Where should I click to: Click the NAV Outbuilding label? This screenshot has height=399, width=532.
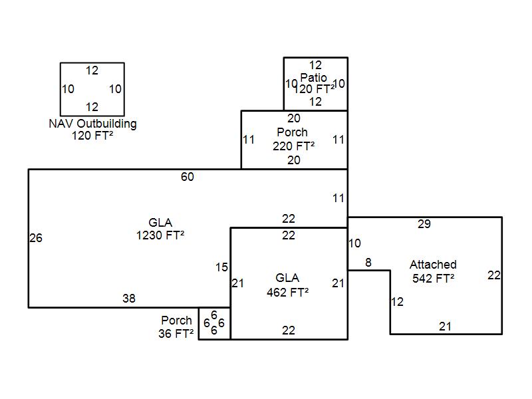coord(92,124)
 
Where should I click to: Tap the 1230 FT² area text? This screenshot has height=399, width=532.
coord(160,235)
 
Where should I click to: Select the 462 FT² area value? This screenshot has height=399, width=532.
coord(287,291)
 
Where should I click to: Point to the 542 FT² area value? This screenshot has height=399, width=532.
coord(433,278)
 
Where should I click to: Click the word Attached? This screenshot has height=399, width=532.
coord(433,265)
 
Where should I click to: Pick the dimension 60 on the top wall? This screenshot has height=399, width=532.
coord(188,176)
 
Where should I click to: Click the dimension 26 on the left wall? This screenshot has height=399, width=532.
coord(36,238)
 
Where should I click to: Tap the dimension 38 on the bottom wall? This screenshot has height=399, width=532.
coord(129,299)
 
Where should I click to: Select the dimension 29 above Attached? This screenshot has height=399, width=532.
coord(424,224)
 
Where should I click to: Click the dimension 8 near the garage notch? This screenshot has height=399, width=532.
coord(368,263)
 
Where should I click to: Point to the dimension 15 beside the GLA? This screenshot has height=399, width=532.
coord(221,267)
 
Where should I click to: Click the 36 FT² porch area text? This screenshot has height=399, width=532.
coord(176,334)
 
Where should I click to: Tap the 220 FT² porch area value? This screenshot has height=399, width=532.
coord(293,146)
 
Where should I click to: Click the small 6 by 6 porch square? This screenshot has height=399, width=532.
coord(215,323)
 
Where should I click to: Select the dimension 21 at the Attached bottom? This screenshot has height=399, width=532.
coord(445,326)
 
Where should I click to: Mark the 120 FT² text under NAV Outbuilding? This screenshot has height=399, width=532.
coord(92,136)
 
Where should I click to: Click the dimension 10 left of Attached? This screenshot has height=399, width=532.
coord(354,243)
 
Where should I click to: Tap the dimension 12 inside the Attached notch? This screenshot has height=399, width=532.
coord(397,302)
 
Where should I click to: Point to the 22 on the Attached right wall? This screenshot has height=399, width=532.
coord(493,275)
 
